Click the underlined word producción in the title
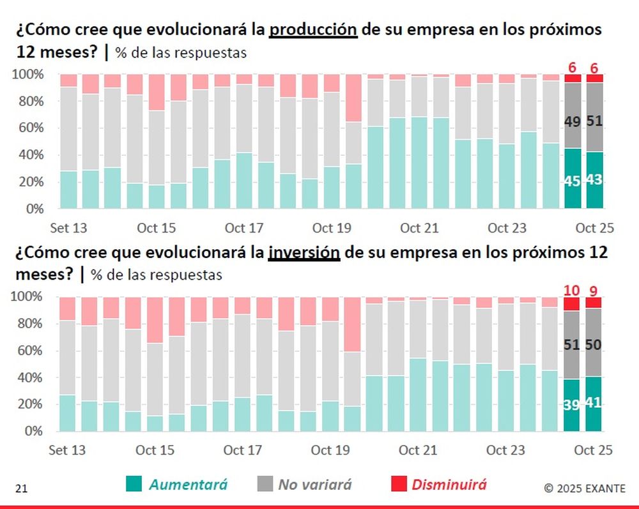(x=312, y=30)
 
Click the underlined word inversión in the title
(x=303, y=252)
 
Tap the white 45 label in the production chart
(x=573, y=181)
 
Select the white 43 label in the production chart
(x=595, y=180)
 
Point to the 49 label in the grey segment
(x=573, y=121)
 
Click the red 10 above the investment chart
(x=571, y=290)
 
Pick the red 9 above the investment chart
(x=594, y=290)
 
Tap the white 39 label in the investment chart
(x=572, y=405)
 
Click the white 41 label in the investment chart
(x=594, y=403)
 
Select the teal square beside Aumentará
(x=134, y=485)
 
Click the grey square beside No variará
(x=263, y=485)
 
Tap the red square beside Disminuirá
(x=397, y=485)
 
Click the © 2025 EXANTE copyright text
(x=585, y=489)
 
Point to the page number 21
(x=21, y=489)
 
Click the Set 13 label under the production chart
(x=68, y=228)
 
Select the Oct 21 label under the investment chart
(x=419, y=450)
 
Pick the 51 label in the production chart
(x=595, y=121)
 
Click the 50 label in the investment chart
(x=594, y=345)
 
